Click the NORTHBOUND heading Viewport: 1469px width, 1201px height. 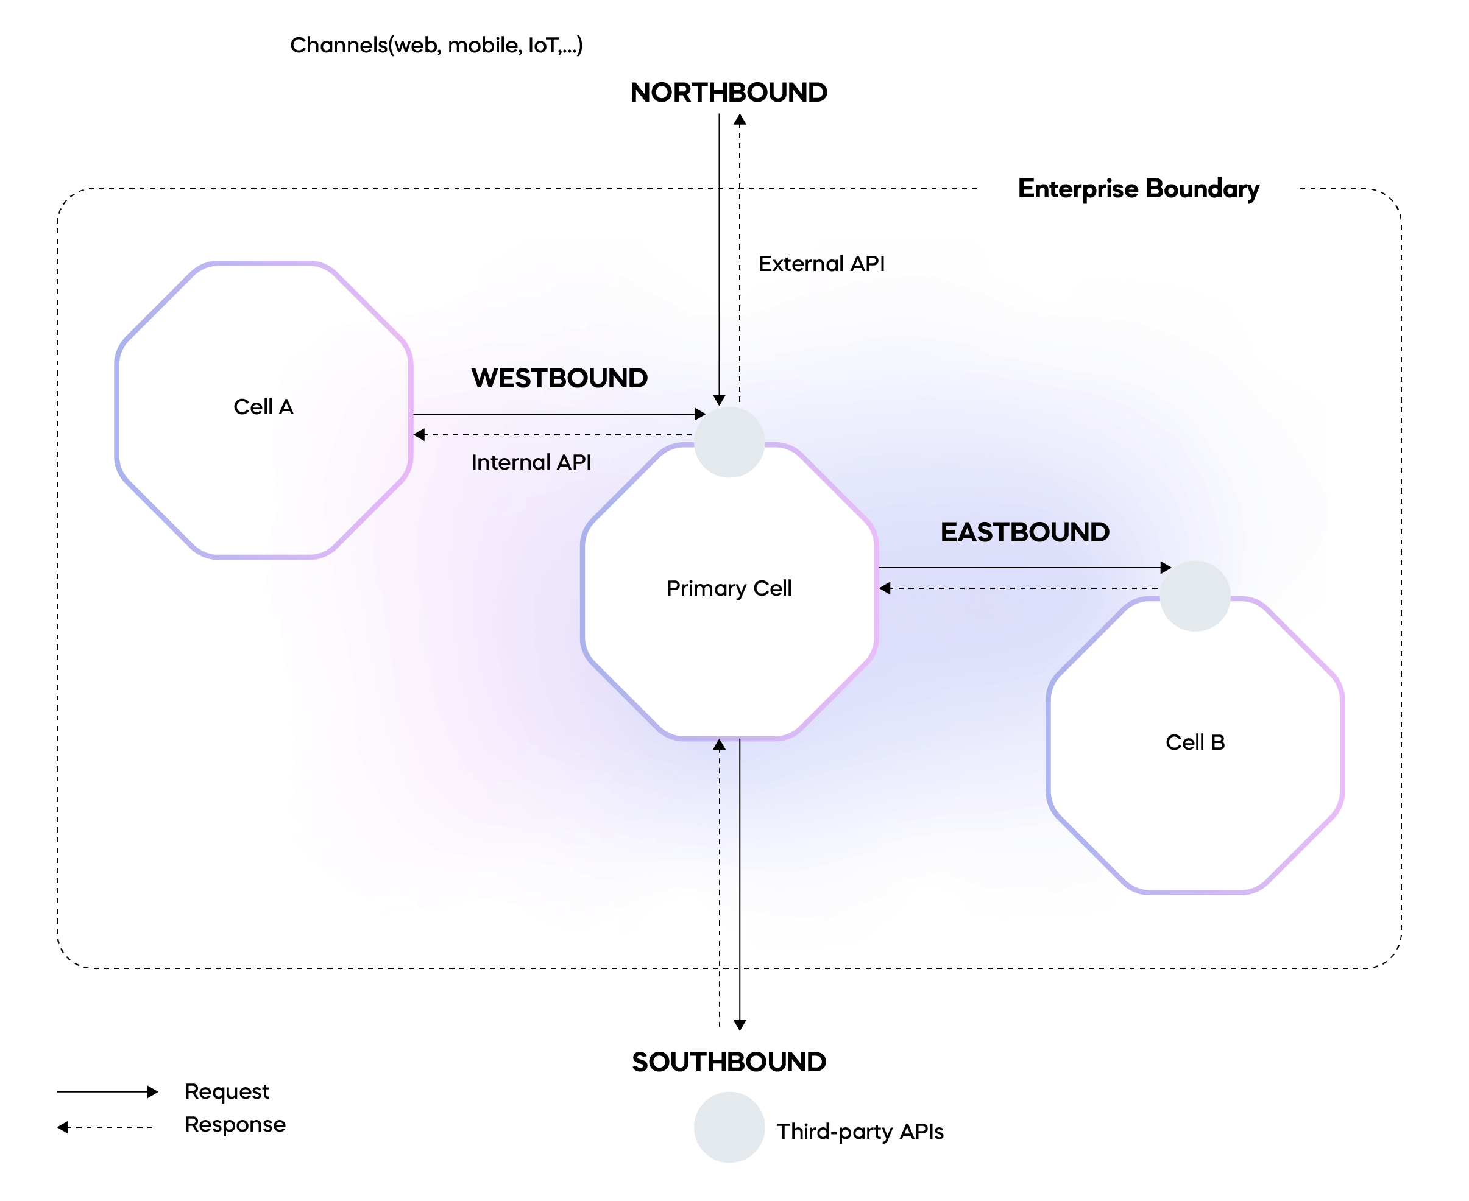(729, 93)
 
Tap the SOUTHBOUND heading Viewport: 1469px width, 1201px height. (729, 1062)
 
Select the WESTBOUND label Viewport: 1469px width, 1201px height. (559, 378)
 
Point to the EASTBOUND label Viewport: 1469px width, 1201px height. (1025, 532)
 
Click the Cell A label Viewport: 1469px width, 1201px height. (264, 407)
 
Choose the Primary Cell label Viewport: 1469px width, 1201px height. (729, 588)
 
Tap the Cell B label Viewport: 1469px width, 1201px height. (1195, 742)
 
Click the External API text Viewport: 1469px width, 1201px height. (821, 264)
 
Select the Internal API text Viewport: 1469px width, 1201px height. (531, 462)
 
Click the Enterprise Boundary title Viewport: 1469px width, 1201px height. (1138, 189)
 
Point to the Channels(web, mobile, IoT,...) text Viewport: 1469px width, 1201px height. (436, 46)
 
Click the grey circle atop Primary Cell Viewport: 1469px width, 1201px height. (729, 442)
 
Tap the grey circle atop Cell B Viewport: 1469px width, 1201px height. (1195, 596)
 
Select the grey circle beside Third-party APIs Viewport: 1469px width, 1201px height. (729, 1127)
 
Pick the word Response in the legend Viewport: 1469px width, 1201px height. (235, 1125)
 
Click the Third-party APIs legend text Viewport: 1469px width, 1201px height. (860, 1132)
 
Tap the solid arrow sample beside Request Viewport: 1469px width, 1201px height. (107, 1092)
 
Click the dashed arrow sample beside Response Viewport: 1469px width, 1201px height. (104, 1127)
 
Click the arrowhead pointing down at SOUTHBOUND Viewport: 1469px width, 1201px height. (740, 1025)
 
